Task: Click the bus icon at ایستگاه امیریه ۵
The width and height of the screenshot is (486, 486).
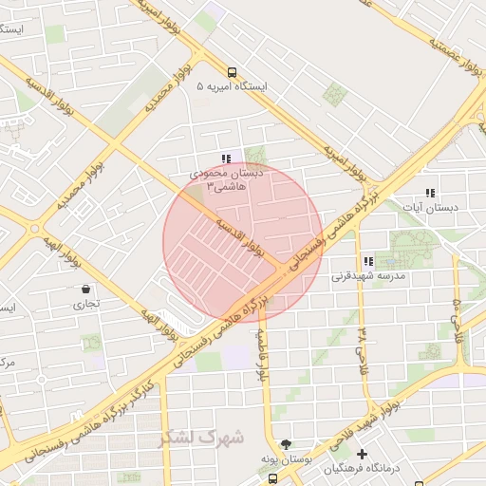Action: pyautogui.click(x=233, y=72)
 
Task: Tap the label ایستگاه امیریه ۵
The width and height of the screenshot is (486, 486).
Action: pyautogui.click(x=233, y=86)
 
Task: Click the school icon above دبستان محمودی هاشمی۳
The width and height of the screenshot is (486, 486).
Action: pyautogui.click(x=225, y=159)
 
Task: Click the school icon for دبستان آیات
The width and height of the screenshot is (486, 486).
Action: pyautogui.click(x=430, y=192)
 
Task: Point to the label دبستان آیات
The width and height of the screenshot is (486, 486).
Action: pyautogui.click(x=430, y=206)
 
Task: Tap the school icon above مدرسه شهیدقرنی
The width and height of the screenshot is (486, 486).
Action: pyautogui.click(x=367, y=262)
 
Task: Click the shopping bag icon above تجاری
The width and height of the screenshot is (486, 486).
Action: pyautogui.click(x=86, y=290)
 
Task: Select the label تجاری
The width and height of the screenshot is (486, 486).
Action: pyautogui.click(x=86, y=305)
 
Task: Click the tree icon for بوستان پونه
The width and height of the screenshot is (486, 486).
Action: pyautogui.click(x=286, y=444)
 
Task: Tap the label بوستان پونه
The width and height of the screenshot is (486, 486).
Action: pyautogui.click(x=285, y=459)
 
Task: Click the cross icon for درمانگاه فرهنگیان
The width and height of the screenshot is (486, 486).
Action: pyautogui.click(x=362, y=454)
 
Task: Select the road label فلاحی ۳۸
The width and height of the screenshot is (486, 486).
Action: pyautogui.click(x=362, y=350)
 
